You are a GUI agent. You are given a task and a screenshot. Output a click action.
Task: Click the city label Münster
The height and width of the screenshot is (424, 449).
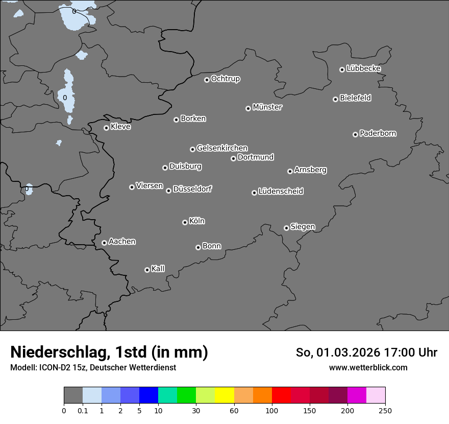point(267,107)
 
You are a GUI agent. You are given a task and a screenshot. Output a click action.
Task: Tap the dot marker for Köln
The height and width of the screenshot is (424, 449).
point(185,222)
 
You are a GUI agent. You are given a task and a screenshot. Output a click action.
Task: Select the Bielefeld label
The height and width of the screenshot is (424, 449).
point(356,98)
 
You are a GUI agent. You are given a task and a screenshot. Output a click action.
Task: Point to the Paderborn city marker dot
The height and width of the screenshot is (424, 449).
point(355,134)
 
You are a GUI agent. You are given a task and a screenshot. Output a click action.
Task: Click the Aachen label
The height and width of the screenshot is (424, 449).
point(122,242)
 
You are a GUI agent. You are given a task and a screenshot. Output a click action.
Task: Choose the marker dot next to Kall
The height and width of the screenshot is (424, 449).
point(147,270)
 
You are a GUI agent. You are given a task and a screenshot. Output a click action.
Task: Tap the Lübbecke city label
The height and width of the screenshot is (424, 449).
point(364,68)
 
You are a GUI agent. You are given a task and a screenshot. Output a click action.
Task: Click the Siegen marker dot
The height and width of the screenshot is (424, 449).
point(286,228)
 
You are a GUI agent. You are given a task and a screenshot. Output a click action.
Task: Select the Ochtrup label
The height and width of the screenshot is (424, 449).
point(226,79)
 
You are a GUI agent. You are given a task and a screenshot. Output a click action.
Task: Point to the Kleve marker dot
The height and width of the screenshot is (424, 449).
point(106,128)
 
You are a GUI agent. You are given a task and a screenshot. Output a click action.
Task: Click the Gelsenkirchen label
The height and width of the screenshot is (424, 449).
point(222,148)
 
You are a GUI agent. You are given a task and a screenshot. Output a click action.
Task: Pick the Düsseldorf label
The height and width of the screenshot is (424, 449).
point(192,189)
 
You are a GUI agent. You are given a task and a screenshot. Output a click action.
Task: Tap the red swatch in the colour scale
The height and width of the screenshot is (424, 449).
point(281,396)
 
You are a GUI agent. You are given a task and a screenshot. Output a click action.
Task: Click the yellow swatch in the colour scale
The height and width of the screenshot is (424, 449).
point(224,396)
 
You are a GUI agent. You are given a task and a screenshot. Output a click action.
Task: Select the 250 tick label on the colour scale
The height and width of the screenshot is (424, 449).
point(385,411)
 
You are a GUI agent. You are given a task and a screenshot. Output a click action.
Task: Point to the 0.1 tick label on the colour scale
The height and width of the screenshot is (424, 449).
point(83,411)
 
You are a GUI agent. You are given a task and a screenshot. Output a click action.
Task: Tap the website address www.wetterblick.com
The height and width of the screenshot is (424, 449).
point(368,367)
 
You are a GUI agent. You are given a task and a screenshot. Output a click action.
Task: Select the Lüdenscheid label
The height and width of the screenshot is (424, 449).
point(281,192)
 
